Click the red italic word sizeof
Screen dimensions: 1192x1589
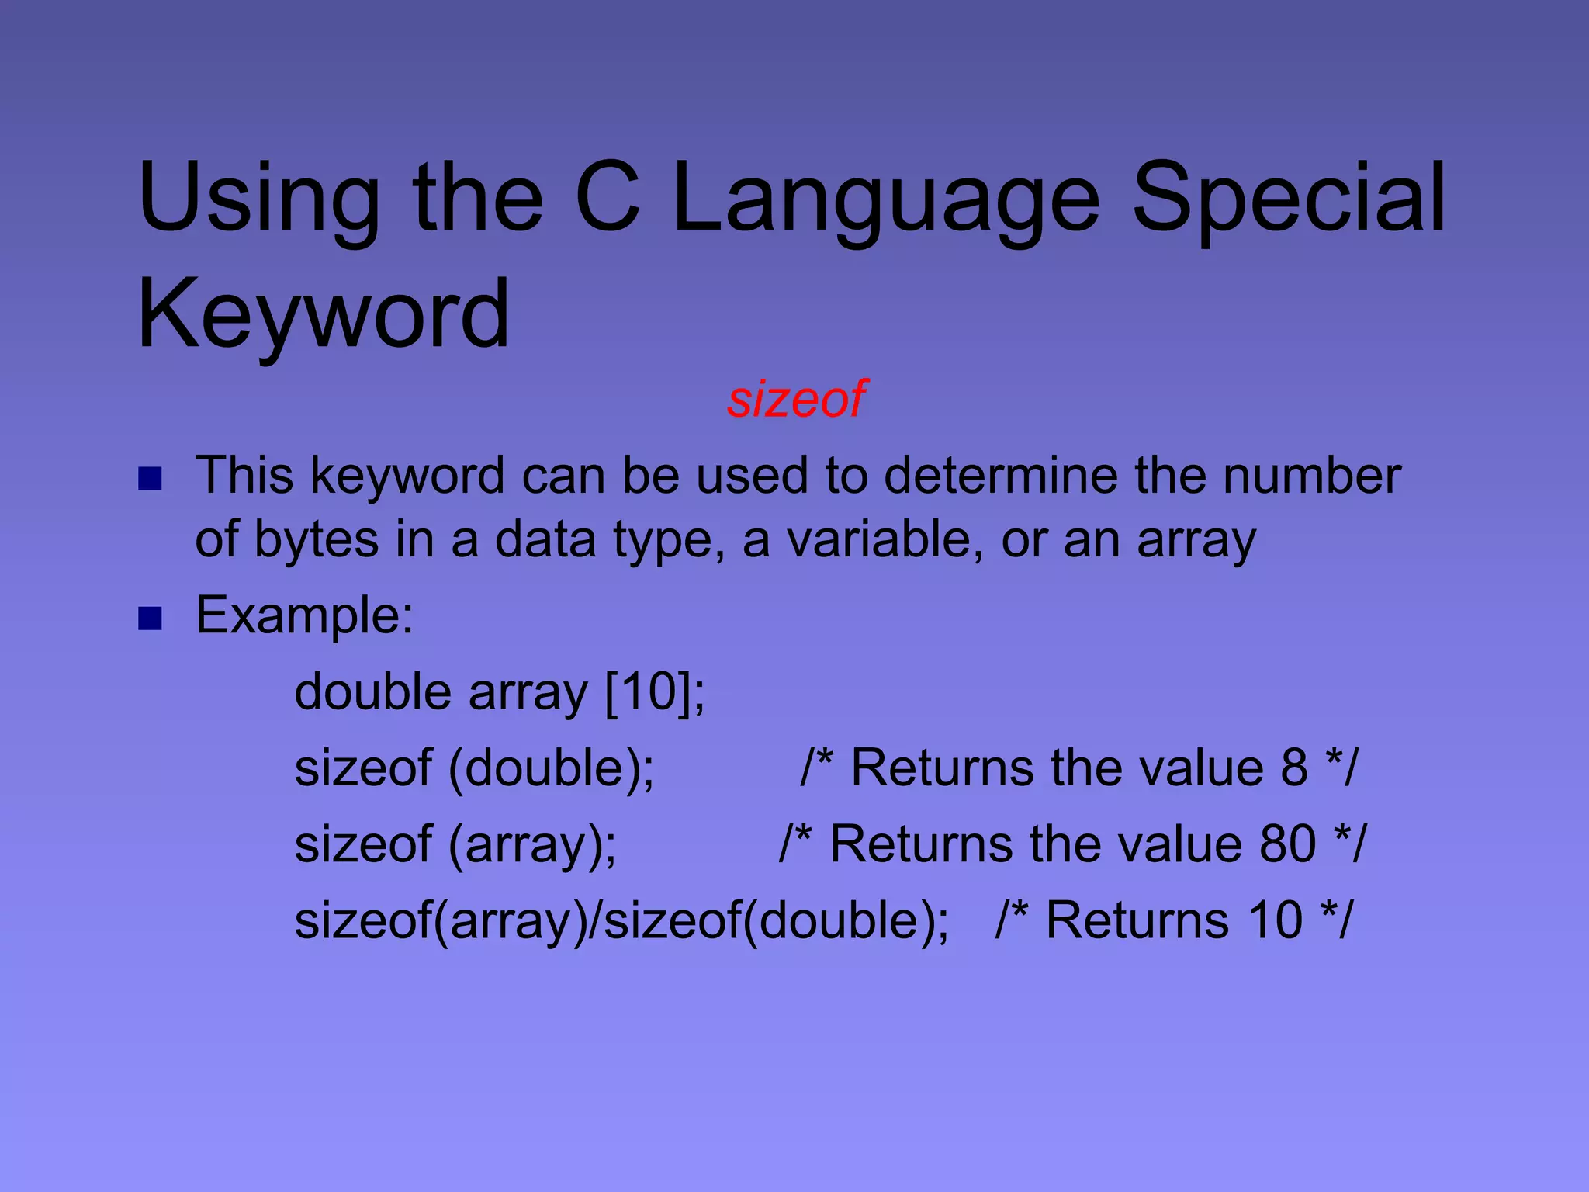pyautogui.click(x=796, y=399)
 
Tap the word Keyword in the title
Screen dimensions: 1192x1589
pyautogui.click(x=324, y=314)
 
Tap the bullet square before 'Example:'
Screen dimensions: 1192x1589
pyautogui.click(x=150, y=619)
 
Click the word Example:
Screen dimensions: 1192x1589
pyautogui.click(x=305, y=615)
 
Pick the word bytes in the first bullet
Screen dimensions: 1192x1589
pyautogui.click(x=316, y=540)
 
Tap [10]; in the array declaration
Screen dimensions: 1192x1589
pyautogui.click(x=655, y=691)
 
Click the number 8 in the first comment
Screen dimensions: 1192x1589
pyautogui.click(x=1294, y=768)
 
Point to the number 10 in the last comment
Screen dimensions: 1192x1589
pyautogui.click(x=1275, y=920)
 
